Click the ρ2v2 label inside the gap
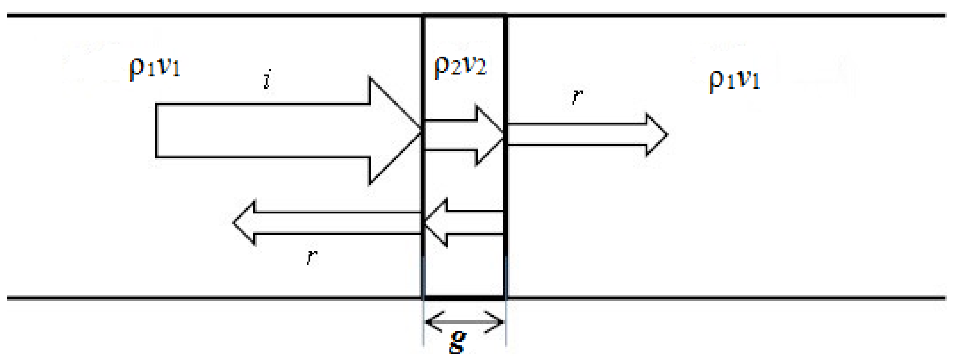[x=460, y=65]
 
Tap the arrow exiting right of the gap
[x=586, y=134]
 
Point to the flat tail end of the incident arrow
[x=157, y=131]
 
